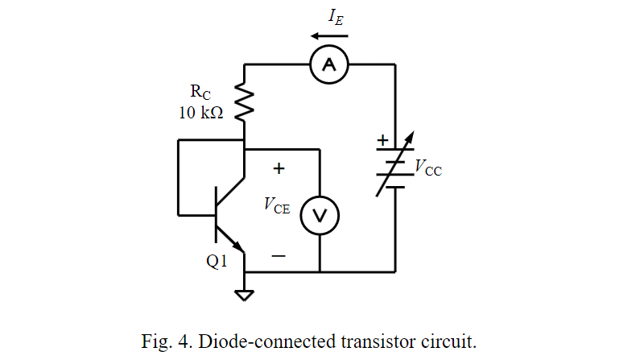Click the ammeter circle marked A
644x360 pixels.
[328, 64]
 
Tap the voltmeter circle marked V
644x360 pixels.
[320, 215]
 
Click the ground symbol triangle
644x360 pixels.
[244, 294]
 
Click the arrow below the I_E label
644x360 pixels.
[329, 35]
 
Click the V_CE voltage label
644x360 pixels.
[276, 205]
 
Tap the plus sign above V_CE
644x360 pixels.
[279, 169]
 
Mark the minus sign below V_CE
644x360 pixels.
[279, 257]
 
